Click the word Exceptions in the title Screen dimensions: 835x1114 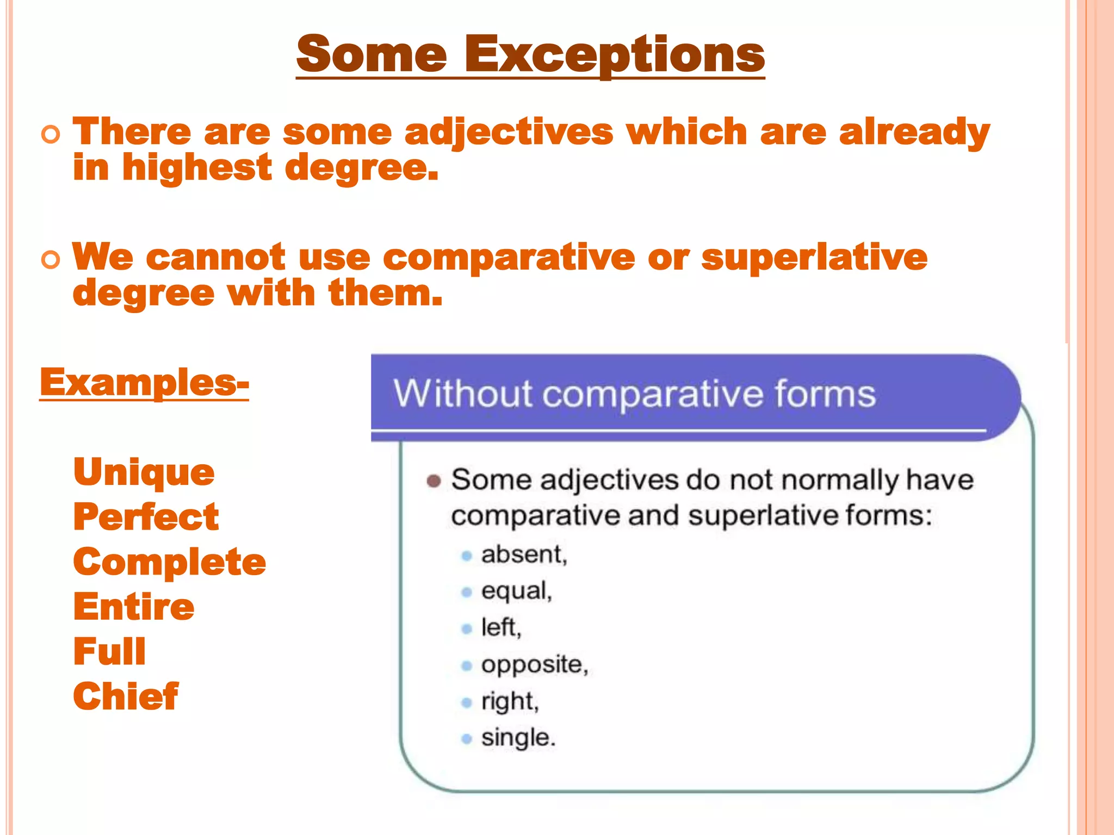[615, 54]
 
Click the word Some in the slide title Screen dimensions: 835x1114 [372, 54]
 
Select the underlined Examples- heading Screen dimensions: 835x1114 [144, 383]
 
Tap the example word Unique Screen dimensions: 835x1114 [144, 472]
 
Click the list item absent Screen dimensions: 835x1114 [524, 554]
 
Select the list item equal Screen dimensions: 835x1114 [516, 591]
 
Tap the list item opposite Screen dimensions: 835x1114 [534, 664]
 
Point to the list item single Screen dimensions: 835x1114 [518, 738]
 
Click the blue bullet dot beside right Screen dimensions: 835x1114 [466, 702]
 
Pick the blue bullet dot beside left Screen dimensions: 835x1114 [466, 629]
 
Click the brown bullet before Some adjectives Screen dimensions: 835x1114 [434, 481]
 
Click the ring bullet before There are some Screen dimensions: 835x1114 [51, 134]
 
